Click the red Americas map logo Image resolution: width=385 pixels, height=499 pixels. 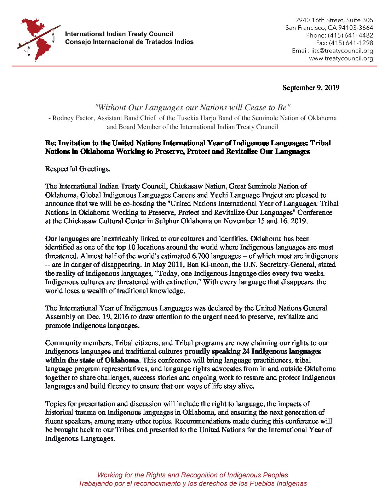[x=38, y=39]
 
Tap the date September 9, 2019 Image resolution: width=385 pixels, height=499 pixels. [x=311, y=88]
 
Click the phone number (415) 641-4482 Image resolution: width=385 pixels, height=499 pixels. [x=350, y=35]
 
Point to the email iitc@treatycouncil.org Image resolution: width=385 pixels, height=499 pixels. [x=342, y=51]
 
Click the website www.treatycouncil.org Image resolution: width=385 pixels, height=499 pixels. [x=341, y=59]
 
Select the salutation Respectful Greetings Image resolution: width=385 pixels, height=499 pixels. [x=77, y=169]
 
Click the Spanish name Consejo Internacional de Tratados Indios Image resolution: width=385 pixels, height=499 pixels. [x=129, y=42]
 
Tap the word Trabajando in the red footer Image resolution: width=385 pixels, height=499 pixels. [x=96, y=484]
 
